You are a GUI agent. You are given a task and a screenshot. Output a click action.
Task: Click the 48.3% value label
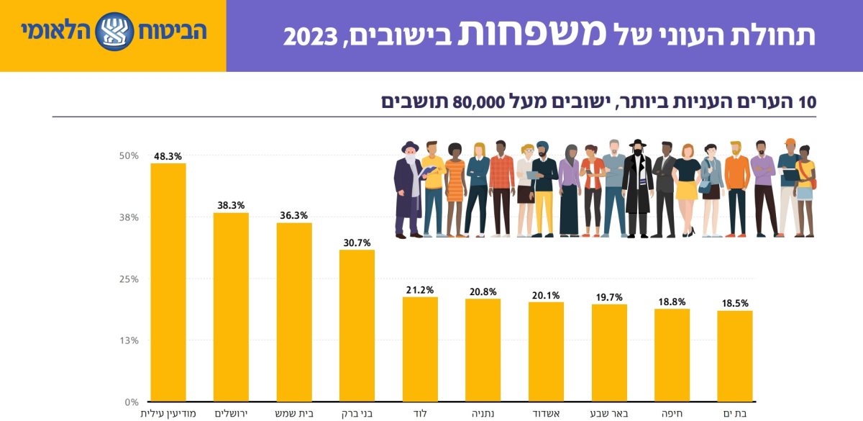[x=168, y=155]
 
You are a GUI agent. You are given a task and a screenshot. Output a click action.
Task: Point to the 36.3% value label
[x=294, y=214]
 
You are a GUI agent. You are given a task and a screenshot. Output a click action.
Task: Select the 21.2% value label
[x=420, y=289]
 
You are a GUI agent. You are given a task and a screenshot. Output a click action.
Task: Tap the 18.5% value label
[x=735, y=303]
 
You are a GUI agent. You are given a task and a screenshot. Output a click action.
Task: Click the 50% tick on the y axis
[x=129, y=156]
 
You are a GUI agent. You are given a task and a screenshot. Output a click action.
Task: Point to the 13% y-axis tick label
[x=129, y=340]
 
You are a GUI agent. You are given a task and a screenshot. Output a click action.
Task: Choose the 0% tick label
[x=130, y=402]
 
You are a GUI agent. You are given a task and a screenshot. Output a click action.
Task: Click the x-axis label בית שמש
[x=294, y=414]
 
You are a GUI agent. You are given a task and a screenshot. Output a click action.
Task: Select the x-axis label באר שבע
[x=609, y=414]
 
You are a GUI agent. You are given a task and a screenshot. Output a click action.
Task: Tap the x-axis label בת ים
[x=735, y=414]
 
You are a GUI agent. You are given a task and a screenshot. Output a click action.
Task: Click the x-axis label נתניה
[x=483, y=414]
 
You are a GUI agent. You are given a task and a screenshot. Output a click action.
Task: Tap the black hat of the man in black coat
[x=637, y=144]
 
